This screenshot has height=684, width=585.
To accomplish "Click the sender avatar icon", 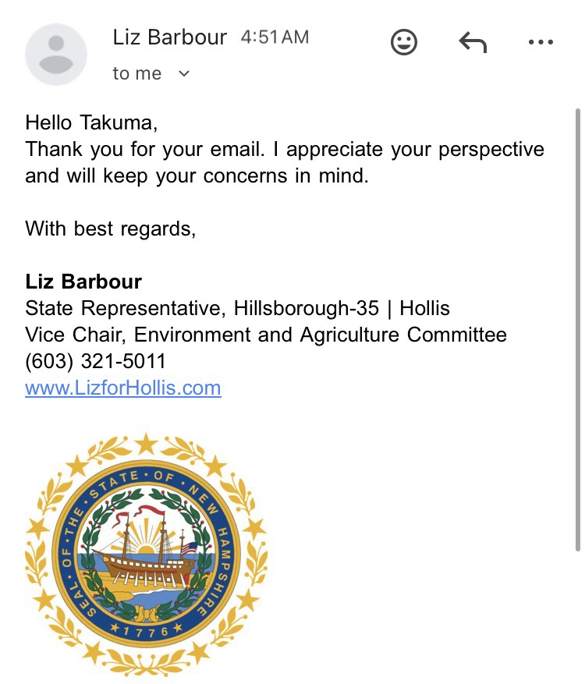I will coord(56,55).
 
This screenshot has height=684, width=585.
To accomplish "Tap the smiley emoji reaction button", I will coord(404,42).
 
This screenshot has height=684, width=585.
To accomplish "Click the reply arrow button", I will coord(473,42).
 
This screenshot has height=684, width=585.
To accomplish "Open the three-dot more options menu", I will coord(540,42).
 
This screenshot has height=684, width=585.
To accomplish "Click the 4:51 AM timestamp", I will coord(275,37).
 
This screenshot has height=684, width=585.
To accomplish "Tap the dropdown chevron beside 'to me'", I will coord(184,73).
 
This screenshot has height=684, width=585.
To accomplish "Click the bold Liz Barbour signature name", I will coord(83,282).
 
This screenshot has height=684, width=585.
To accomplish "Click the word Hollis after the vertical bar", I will coord(424,308).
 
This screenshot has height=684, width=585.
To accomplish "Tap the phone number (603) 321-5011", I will coord(95,361).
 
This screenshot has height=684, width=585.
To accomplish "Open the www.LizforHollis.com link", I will coord(123,388).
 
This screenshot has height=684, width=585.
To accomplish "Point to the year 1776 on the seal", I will coord(147,630).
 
